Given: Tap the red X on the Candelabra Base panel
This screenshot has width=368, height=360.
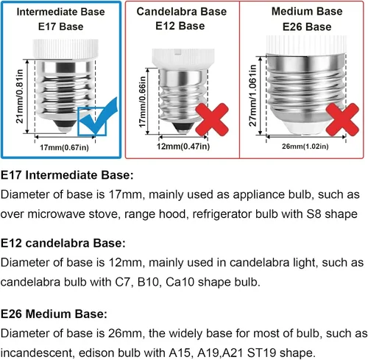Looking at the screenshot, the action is pyautogui.click(x=212, y=119).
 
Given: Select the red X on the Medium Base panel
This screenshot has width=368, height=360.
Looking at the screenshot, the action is pyautogui.click(x=342, y=119).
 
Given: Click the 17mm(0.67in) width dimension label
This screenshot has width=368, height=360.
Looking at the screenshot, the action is pyautogui.click(x=64, y=148).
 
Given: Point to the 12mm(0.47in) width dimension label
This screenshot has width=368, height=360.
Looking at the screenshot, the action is pyautogui.click(x=183, y=147).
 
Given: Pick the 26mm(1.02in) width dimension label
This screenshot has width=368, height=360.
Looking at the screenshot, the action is pyautogui.click(x=305, y=147).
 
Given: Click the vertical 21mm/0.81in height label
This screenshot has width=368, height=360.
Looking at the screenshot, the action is pyautogui.click(x=20, y=96).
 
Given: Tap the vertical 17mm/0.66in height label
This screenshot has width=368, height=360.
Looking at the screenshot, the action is pyautogui.click(x=142, y=102).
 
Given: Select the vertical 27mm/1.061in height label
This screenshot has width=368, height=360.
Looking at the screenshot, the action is pyautogui.click(x=252, y=96).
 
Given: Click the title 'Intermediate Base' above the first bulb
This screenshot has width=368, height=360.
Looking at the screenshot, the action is pyautogui.click(x=60, y=12).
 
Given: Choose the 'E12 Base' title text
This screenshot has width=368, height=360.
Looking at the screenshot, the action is pyautogui.click(x=180, y=26).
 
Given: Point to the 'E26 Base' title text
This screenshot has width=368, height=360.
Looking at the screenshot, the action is pyautogui.click(x=307, y=27).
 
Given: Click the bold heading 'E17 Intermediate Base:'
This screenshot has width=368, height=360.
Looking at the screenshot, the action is pyautogui.click(x=67, y=175).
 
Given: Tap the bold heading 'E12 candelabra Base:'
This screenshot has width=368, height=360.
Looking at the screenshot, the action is pyautogui.click(x=63, y=243).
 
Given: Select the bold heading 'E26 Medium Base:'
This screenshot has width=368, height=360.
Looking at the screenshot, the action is pyautogui.click(x=54, y=314).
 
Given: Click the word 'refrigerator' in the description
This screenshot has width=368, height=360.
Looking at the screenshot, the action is pyautogui.click(x=222, y=214).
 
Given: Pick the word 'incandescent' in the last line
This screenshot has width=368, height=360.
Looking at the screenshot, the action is pyautogui.click(x=37, y=353).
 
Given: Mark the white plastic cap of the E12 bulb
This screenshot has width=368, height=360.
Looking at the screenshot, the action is pyautogui.click(x=183, y=58).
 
